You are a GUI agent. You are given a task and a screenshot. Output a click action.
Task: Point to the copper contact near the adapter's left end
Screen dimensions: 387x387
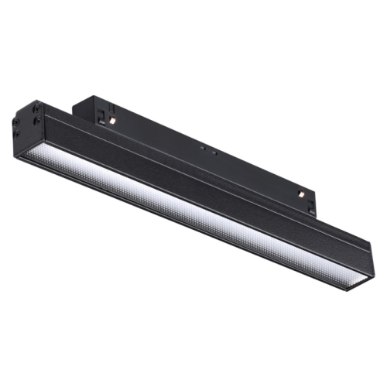click(x=112, y=122)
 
